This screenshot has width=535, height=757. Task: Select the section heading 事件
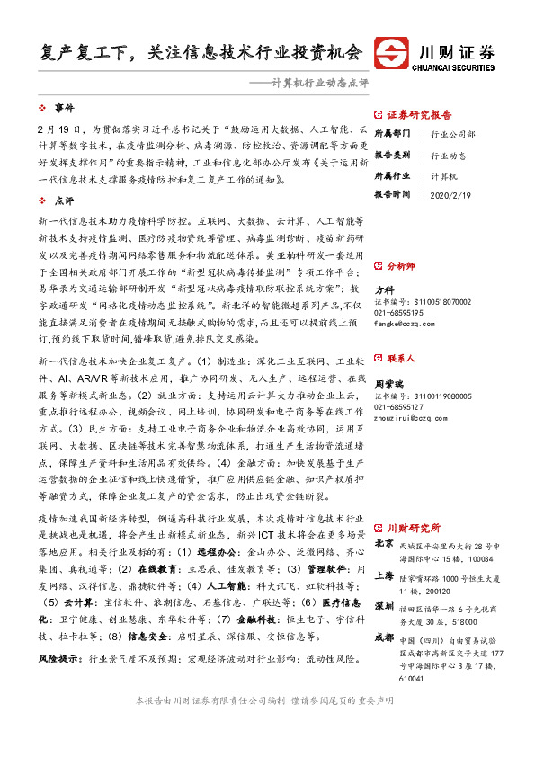(64, 107)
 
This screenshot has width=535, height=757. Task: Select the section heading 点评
(64, 200)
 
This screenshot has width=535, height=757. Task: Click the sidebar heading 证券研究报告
(419, 115)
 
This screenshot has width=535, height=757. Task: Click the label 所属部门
(392, 134)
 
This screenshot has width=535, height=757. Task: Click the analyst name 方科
(384, 289)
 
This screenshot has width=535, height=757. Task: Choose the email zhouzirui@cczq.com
(414, 416)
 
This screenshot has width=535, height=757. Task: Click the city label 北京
(384, 543)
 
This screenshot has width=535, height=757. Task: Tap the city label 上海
(384, 575)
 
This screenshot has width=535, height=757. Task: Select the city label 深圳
(384, 605)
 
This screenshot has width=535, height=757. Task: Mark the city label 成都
(384, 637)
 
